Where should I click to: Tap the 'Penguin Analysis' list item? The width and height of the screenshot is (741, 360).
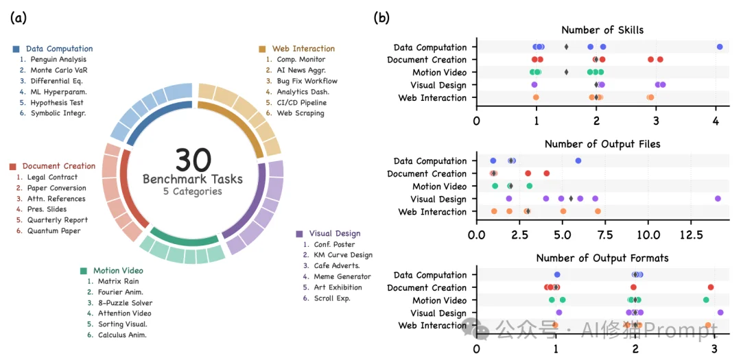(58, 60)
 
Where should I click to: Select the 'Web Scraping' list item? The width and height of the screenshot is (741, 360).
(300, 113)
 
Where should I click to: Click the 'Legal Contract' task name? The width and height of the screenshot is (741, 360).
(52, 177)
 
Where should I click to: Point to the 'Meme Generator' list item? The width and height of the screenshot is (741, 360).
(342, 276)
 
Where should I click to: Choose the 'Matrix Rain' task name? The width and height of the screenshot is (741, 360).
(118, 281)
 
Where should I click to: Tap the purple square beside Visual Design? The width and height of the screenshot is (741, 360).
(299, 234)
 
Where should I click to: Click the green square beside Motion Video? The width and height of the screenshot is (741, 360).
(84, 271)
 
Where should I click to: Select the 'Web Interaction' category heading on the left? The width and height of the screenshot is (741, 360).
(303, 49)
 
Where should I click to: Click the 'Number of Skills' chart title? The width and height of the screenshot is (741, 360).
(602, 29)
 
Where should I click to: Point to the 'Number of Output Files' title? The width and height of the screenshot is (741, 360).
(602, 144)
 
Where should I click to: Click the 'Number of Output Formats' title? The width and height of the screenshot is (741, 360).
(602, 259)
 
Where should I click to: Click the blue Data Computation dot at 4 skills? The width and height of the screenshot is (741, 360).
(720, 47)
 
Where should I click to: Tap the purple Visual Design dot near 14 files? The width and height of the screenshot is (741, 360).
(718, 199)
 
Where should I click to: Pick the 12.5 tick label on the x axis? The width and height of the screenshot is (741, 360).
(690, 235)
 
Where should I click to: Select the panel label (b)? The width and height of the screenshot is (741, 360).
(381, 19)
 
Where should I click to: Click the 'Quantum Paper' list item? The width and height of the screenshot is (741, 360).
(54, 230)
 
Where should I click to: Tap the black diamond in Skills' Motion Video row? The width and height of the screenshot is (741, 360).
(566, 72)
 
